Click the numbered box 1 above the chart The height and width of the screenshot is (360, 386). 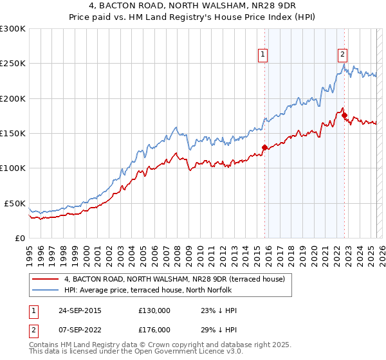click(x=264, y=55)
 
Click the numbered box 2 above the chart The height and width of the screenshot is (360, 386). click(x=343, y=55)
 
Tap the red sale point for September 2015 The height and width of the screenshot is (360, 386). click(x=264, y=147)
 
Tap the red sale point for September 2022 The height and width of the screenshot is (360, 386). click(x=344, y=115)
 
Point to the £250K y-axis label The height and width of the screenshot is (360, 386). click(x=13, y=64)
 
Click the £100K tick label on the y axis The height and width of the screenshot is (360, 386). click(x=13, y=168)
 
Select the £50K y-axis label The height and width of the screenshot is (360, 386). click(x=15, y=203)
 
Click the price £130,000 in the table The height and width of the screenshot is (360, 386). click(x=154, y=310)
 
